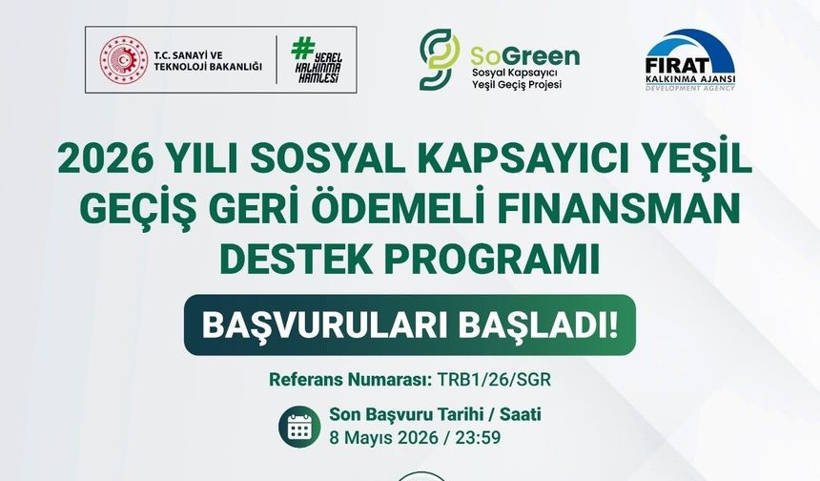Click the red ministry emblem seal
pos(124,65)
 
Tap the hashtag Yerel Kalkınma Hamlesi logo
pos(316,65)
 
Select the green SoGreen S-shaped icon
pos(440,59)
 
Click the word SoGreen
pos(524,53)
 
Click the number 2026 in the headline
pos(103,160)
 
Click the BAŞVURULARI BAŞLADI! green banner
pos(409,324)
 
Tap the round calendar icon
pos(299,427)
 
